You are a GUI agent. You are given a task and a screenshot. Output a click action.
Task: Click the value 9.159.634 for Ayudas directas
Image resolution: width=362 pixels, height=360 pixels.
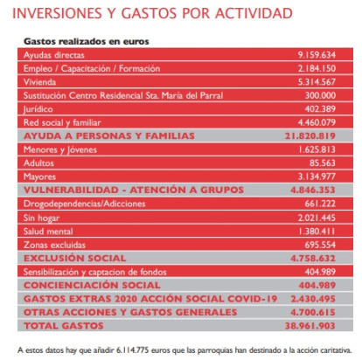(x=317, y=55)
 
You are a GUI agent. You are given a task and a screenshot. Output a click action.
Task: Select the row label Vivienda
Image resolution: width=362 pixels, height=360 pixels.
(x=39, y=82)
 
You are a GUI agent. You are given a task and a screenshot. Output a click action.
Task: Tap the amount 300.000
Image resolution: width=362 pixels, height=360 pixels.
(x=320, y=95)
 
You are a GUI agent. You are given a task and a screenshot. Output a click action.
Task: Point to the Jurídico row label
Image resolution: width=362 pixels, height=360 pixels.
(x=38, y=109)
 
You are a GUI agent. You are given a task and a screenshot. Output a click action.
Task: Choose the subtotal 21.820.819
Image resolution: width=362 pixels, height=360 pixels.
(x=310, y=135)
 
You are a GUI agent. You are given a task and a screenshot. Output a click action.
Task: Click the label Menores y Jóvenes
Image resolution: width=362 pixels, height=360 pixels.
(x=60, y=149)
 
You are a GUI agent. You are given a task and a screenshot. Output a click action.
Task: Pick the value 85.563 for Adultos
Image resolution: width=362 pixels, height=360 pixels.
(x=323, y=163)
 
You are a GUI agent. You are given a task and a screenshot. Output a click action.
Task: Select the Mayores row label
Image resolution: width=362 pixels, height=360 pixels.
(x=39, y=177)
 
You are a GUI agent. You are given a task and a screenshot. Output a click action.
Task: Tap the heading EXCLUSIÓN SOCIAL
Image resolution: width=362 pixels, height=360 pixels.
(x=75, y=258)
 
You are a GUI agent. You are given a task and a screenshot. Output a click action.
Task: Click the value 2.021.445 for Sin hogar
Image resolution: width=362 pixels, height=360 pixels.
(x=317, y=218)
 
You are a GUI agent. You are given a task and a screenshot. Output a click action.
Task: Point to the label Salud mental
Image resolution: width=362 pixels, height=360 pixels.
(x=48, y=232)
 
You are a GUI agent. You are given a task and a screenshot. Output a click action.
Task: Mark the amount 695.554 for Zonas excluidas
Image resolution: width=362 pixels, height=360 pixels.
(x=320, y=245)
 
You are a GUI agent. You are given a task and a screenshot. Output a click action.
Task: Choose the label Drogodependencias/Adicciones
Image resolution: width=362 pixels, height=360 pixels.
(x=84, y=204)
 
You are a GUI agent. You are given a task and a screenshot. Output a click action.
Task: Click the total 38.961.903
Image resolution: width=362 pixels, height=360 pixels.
(x=310, y=326)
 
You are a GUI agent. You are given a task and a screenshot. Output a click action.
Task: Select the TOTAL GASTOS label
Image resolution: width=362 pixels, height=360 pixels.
(x=64, y=326)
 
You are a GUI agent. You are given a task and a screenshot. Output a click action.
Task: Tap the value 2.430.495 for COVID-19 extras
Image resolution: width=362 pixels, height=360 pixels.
(x=313, y=299)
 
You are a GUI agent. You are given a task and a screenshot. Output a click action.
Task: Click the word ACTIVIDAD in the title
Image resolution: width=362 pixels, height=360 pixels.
(x=254, y=13)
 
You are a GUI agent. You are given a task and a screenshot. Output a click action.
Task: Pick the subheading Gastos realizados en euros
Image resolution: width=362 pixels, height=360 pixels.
(x=87, y=41)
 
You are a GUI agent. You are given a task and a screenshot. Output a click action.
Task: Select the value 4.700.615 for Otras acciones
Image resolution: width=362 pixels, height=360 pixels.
(x=313, y=312)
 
